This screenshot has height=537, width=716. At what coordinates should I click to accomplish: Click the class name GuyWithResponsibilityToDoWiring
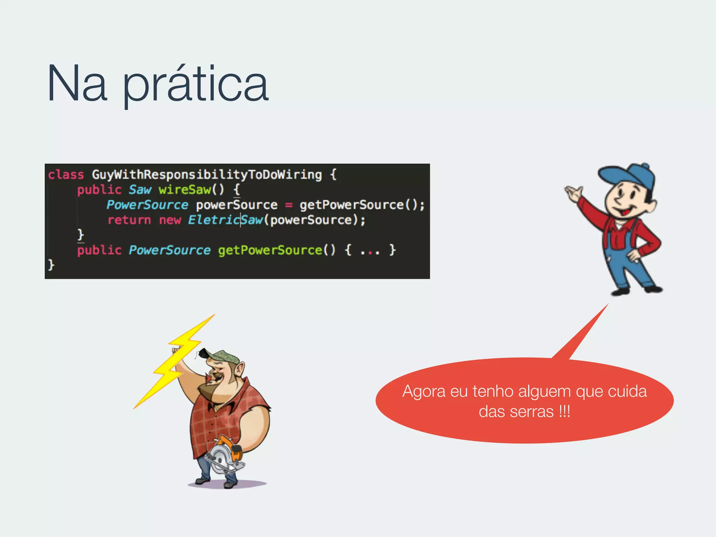pos(207,174)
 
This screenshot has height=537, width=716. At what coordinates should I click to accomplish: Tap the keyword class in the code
pos(66,174)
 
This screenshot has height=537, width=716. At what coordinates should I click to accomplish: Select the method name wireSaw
pos(185,189)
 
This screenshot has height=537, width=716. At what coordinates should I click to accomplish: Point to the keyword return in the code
pos(129,220)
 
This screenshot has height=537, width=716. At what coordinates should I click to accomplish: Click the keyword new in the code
pos(170,220)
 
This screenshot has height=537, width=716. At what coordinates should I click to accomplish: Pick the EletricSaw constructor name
pos(225,220)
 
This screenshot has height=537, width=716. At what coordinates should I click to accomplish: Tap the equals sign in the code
pos(289,205)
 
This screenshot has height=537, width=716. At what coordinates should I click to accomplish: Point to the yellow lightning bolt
pos(175,360)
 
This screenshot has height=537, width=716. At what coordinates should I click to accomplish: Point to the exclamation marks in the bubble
pos(564,411)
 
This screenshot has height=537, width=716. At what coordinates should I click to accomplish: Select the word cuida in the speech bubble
pos(627,391)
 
